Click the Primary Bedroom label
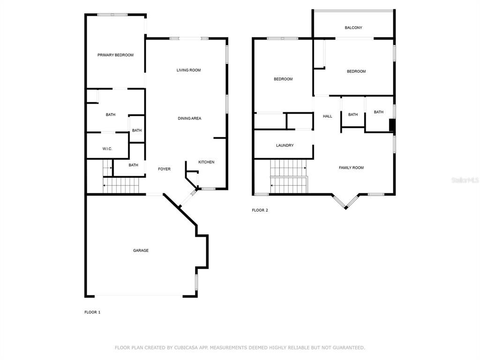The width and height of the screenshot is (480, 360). coord(115,55)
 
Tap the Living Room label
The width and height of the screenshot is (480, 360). coord(188,70)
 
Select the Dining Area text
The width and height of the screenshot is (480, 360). coord(189,119)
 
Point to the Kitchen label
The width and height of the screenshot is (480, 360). coord(206,162)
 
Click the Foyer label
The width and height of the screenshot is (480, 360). coord(165,169)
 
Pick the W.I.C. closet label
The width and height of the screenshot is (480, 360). coord(107,149)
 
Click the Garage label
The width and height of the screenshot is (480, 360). coord(141,250)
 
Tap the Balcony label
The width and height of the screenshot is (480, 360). coord(353,28)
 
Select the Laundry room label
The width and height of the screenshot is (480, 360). coord(285,145)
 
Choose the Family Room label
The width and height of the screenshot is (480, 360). coord(351,168)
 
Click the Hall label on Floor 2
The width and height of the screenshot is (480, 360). coord(328,116)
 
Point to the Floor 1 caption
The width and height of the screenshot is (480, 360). coord(92,312)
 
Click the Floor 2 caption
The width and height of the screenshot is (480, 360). coord(260,210)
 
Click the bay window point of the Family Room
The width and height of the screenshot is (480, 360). coord(345,208)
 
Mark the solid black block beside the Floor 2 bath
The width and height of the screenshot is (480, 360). coord(391,125)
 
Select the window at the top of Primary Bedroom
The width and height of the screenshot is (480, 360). coord(112,15)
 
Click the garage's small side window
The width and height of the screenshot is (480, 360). coord(196,282)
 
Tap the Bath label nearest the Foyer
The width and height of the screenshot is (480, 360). coord(133,165)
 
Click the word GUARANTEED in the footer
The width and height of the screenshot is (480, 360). coord(349,347)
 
